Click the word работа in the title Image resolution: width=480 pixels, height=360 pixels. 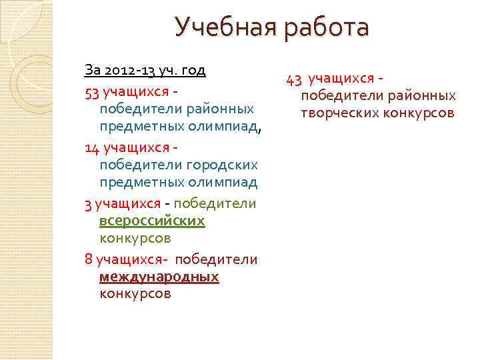pyautogui.click(x=327, y=28)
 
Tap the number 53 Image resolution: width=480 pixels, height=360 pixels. pyautogui.click(x=92, y=90)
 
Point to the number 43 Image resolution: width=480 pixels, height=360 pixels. pyautogui.click(x=295, y=80)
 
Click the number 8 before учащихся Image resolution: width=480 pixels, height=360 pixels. pyautogui.click(x=89, y=259)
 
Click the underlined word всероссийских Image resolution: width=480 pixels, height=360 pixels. pyautogui.click(x=152, y=220)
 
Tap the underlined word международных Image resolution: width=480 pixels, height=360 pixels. pyautogui.click(x=159, y=276)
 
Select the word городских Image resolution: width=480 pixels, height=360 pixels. pyautogui.click(x=224, y=165)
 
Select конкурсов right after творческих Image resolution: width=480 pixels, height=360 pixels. pyautogui.click(x=419, y=113)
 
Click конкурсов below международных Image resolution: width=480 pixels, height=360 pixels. pyautogui.click(x=135, y=293)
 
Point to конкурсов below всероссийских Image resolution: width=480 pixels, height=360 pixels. pyautogui.click(x=135, y=237)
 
